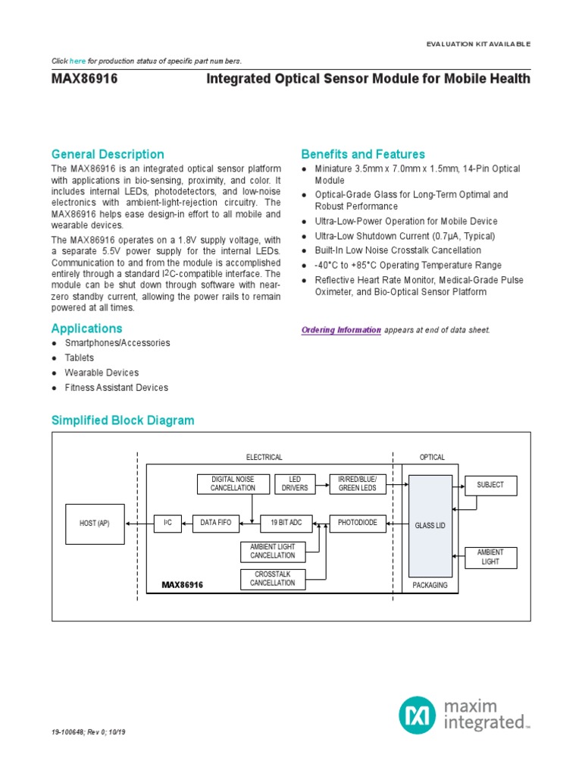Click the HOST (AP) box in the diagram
pyautogui.click(x=95, y=523)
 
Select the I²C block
pyautogui.click(x=167, y=523)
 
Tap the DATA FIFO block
pyautogui.click(x=217, y=523)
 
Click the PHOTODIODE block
pyautogui.click(x=358, y=523)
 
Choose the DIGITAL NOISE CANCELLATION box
pyautogui.click(x=233, y=483)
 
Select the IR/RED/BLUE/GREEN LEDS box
pyautogui.click(x=358, y=483)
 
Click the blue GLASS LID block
pyautogui.click(x=430, y=525)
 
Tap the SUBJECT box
pyautogui.click(x=490, y=485)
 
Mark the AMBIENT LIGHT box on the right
pyautogui.click(x=490, y=557)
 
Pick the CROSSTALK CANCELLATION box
pyautogui.click(x=273, y=579)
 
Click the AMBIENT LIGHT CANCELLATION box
pyautogui.click(x=273, y=552)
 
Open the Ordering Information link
pyautogui.click(x=341, y=330)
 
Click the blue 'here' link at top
pyautogui.click(x=77, y=61)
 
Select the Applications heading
pyautogui.click(x=86, y=329)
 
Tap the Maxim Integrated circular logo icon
pyautogui.click(x=418, y=716)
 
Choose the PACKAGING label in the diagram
pyautogui.click(x=430, y=585)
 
